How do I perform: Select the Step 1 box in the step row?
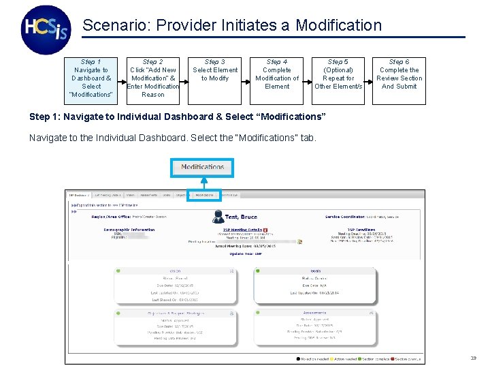point(91,78)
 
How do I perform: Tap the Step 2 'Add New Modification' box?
point(152,78)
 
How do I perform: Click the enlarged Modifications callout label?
point(202,167)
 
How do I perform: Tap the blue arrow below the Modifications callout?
point(202,183)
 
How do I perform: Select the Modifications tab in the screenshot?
point(204,195)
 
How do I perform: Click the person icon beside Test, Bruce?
point(218,216)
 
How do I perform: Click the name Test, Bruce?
point(241,217)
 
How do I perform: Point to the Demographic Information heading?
point(129,230)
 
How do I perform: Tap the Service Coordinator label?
point(346,217)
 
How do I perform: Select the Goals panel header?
point(314,271)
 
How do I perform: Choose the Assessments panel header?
point(314,312)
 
